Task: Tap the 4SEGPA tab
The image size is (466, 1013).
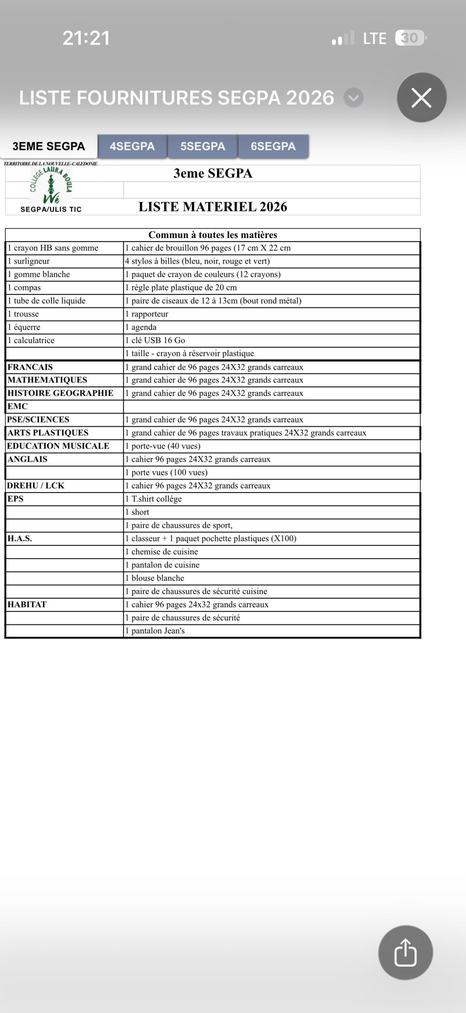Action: pos(132,146)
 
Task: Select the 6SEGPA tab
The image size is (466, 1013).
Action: pos(273,146)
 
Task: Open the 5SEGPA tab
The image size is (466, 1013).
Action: pos(202,146)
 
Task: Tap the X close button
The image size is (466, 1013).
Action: pos(421,97)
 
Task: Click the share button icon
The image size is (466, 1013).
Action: pos(405,952)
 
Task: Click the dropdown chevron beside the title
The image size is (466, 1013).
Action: pos(353,97)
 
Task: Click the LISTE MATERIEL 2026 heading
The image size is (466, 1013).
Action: pos(213,207)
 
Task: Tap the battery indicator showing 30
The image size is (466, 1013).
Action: pos(410,38)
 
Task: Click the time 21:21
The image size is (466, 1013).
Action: pos(86,38)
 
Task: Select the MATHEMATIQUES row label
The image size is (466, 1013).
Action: pos(47,380)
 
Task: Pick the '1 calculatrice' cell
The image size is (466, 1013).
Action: pos(31,340)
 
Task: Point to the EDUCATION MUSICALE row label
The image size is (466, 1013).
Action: pos(58,446)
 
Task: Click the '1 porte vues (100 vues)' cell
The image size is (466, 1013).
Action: pos(166,472)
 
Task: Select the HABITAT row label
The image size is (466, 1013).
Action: pos(27,604)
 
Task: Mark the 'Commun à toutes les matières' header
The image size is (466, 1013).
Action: pos(213,235)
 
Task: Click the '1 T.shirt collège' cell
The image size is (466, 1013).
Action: pos(153,499)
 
